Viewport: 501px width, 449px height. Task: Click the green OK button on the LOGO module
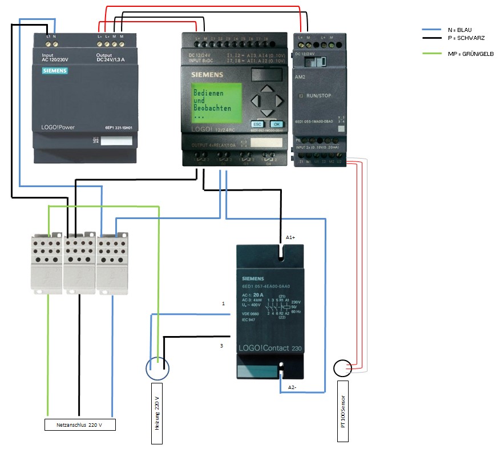pyautogui.click(x=276, y=123)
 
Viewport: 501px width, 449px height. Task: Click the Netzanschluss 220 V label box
pyautogui.click(x=80, y=424)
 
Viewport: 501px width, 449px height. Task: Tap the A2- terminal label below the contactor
pyautogui.click(x=292, y=387)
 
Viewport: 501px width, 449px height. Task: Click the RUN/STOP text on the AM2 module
pyautogui.click(x=319, y=95)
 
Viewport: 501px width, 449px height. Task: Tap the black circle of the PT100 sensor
pyautogui.click(x=342, y=369)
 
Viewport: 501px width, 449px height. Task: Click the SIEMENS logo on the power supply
pyautogui.click(x=55, y=71)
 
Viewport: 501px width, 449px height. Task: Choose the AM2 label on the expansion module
pyautogui.click(x=300, y=76)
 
